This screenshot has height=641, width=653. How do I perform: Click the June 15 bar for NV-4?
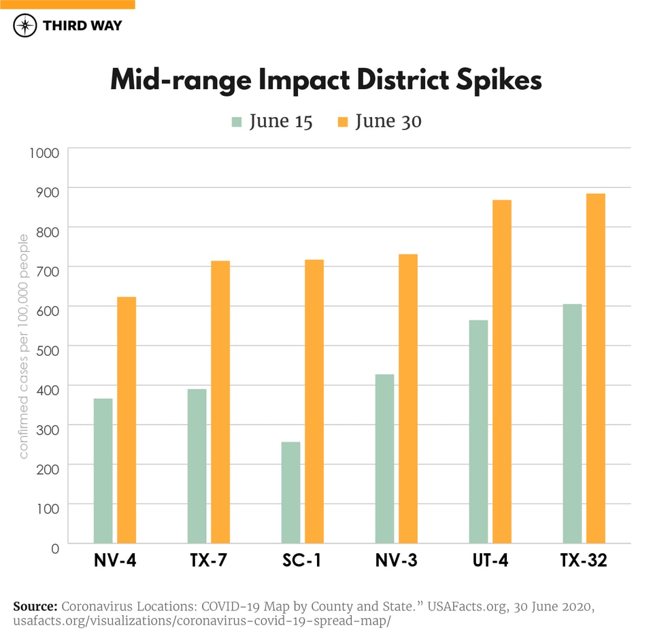click(103, 470)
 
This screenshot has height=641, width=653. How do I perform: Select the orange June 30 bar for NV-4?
click(127, 420)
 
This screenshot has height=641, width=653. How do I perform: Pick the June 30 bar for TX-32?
click(596, 368)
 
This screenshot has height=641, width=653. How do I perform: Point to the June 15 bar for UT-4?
click(478, 431)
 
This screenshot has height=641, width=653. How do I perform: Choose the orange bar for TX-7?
click(220, 401)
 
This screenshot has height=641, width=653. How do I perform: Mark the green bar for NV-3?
click(384, 459)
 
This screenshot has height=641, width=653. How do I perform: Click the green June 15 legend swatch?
click(237, 122)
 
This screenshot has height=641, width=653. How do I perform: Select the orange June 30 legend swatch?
click(343, 122)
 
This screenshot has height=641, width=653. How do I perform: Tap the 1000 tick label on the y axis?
click(44, 151)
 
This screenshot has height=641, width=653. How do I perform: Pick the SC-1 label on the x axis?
click(302, 561)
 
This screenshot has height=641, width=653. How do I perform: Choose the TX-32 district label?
click(584, 561)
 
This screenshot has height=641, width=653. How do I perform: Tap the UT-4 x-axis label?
click(490, 561)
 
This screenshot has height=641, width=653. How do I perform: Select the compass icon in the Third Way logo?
click(25, 26)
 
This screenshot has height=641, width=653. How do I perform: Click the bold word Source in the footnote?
click(35, 606)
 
